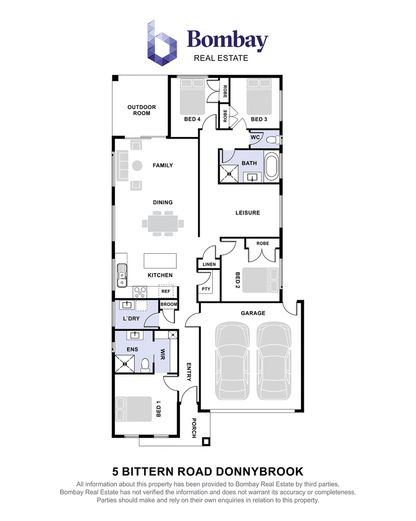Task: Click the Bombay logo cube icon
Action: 162,43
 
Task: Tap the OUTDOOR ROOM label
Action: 141,110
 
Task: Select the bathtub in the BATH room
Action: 271,167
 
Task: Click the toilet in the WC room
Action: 274,140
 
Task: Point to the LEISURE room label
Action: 248,213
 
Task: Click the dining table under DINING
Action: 163,224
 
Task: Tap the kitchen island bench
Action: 160,261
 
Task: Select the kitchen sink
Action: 122,276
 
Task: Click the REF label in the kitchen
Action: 165,291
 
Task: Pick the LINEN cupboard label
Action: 209,265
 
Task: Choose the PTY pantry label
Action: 206,289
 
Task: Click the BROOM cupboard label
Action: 169,304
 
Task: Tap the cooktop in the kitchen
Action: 140,292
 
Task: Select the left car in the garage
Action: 232,361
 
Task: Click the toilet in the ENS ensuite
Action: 145,365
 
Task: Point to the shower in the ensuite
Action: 125,364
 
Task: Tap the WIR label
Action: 163,354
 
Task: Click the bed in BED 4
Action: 192,97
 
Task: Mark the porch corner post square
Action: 206,442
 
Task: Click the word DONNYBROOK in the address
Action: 260,472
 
